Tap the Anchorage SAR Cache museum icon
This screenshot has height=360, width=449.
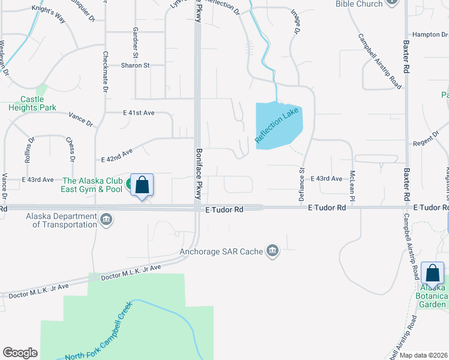[x=273, y=250]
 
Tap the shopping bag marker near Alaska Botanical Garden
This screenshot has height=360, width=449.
[x=432, y=274]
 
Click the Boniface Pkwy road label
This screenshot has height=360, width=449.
[x=197, y=173]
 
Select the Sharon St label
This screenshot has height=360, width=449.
[x=134, y=65]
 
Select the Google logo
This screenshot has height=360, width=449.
[x=20, y=353]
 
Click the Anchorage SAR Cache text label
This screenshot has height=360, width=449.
[x=221, y=251]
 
